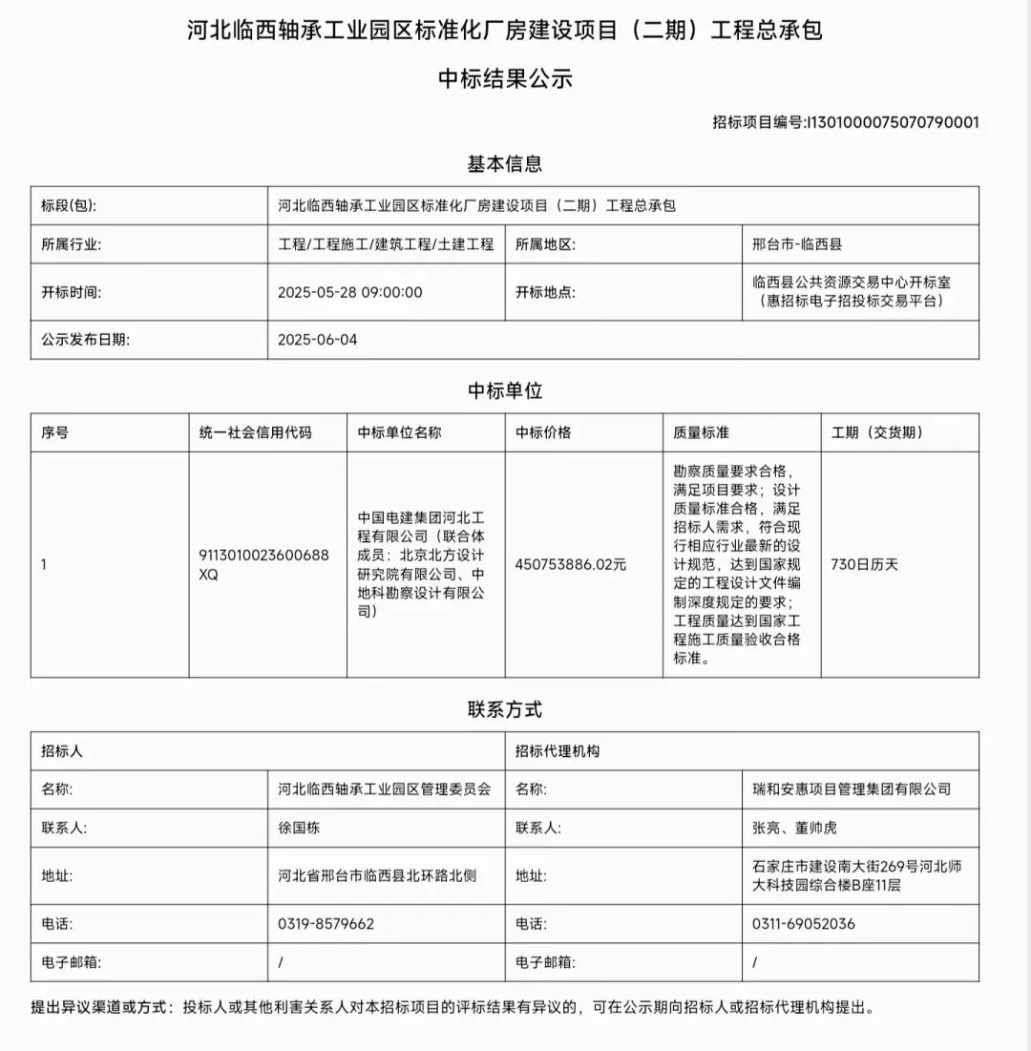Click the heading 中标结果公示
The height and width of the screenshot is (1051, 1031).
click(505, 79)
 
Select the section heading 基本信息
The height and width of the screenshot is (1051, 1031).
click(504, 164)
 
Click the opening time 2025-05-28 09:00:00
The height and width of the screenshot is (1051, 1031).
click(349, 292)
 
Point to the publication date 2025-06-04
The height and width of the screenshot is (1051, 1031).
click(317, 340)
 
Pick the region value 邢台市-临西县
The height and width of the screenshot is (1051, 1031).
click(797, 244)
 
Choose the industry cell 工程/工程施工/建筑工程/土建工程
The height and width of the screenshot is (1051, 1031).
click(386, 244)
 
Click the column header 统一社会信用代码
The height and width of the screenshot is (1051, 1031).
click(255, 432)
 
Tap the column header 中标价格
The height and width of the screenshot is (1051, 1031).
click(543, 432)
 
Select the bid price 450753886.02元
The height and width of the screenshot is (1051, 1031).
click(570, 564)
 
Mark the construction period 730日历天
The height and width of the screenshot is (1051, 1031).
click(865, 564)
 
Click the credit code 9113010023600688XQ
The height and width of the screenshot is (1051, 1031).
click(263, 564)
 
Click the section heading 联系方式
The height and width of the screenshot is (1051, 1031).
click(504, 710)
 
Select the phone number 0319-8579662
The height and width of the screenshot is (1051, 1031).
click(326, 924)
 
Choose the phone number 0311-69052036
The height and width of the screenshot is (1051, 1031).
click(804, 924)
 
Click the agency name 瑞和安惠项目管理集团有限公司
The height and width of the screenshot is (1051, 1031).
click(852, 789)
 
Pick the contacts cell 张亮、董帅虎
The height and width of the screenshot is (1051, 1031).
click(794, 828)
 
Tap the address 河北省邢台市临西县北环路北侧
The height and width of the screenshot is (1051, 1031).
click(377, 875)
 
